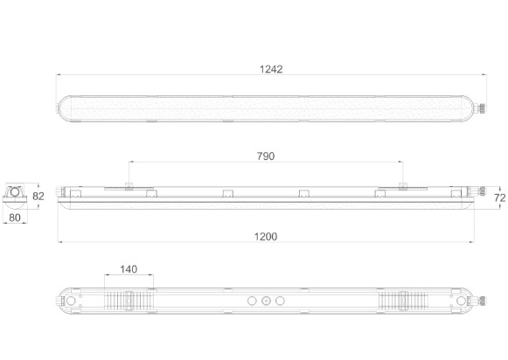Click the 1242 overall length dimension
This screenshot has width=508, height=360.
[x=271, y=69]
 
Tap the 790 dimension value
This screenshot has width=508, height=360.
[x=266, y=156]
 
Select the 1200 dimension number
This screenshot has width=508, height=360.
[x=266, y=237]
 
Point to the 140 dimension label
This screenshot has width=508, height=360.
[x=129, y=269]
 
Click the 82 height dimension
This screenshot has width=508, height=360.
[x=38, y=197]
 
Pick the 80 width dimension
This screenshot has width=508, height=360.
[x=15, y=218]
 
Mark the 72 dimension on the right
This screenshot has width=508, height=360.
[x=500, y=197]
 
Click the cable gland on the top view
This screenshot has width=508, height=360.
[x=482, y=108]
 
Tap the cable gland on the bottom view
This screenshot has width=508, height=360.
[x=482, y=301]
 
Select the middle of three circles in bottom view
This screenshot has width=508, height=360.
[x=266, y=301]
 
